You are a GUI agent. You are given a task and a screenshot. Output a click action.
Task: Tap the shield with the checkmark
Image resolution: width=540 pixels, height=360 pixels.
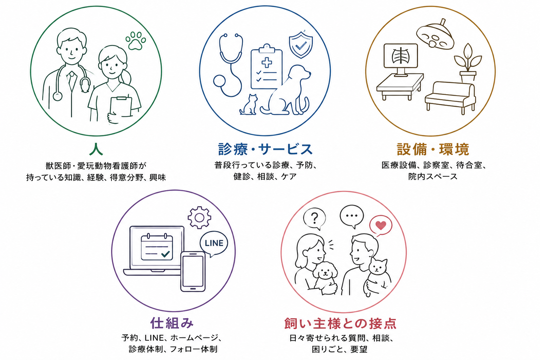[x=301, y=45]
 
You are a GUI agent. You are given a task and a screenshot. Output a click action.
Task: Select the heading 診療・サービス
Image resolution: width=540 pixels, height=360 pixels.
[x=265, y=149]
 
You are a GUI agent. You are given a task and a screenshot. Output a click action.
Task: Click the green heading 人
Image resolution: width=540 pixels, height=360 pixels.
[x=96, y=149]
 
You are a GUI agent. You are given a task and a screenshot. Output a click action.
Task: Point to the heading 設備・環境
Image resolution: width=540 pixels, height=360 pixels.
[x=433, y=149]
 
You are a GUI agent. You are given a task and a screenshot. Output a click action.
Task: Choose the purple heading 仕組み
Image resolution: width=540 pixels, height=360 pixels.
[x=172, y=323]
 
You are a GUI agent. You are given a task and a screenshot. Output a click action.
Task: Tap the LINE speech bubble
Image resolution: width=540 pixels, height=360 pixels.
[x=214, y=244]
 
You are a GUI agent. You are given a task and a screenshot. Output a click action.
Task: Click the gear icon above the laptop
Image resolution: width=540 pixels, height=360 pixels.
[x=199, y=218]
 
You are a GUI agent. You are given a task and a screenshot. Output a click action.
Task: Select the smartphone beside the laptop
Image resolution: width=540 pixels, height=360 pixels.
[x=193, y=271]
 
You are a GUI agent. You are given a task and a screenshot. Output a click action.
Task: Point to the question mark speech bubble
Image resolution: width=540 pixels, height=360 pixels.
[x=314, y=219]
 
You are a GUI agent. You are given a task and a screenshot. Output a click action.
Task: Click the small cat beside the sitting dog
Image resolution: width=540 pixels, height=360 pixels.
[x=249, y=105]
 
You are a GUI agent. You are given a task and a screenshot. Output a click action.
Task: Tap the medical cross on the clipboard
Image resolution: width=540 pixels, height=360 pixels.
[x=266, y=62]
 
